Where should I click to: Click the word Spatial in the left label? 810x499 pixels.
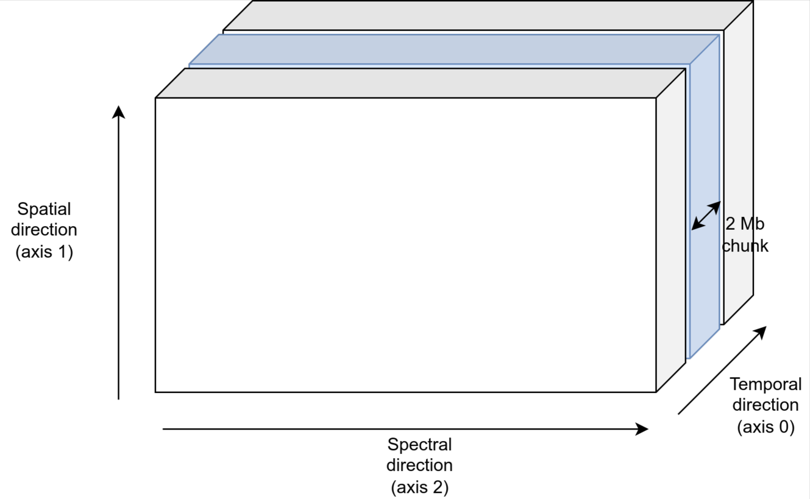click(x=44, y=209)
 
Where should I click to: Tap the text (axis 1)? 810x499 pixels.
click(x=44, y=251)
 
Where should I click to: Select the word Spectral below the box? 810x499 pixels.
click(x=419, y=444)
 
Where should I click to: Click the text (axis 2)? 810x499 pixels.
click(x=419, y=487)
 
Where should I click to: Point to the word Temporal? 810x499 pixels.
click(x=766, y=384)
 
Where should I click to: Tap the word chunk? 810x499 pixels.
click(x=745, y=246)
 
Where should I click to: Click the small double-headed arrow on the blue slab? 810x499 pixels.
click(x=706, y=216)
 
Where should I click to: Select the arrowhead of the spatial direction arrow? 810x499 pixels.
click(x=119, y=112)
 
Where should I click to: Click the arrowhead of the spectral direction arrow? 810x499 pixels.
click(x=642, y=429)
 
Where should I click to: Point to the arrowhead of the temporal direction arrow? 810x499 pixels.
click(x=760, y=333)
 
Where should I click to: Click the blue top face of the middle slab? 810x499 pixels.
click(x=451, y=49)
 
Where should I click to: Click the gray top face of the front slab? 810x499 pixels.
click(x=421, y=83)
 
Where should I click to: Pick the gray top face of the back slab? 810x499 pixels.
click(x=488, y=15)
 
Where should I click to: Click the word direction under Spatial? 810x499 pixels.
click(x=44, y=230)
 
